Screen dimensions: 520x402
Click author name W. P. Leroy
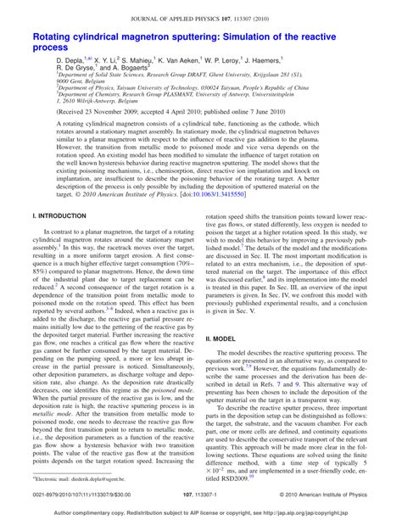pyautogui.click(x=269, y=63)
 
